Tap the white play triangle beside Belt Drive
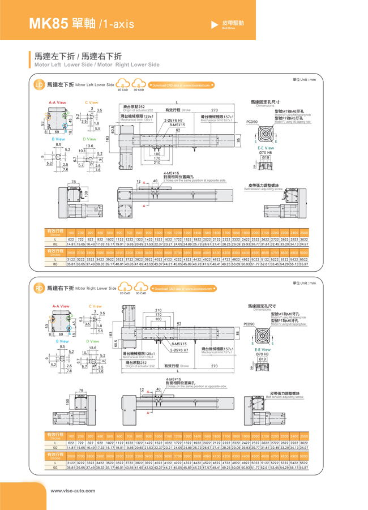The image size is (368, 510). (214, 24)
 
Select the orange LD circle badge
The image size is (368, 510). (39, 85)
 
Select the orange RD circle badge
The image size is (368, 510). (39, 289)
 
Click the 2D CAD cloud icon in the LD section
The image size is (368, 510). (122, 84)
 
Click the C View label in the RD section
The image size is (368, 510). (95, 306)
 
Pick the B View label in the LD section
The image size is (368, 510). (58, 139)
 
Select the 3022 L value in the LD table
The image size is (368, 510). (304, 239)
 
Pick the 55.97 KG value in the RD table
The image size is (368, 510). (304, 468)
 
